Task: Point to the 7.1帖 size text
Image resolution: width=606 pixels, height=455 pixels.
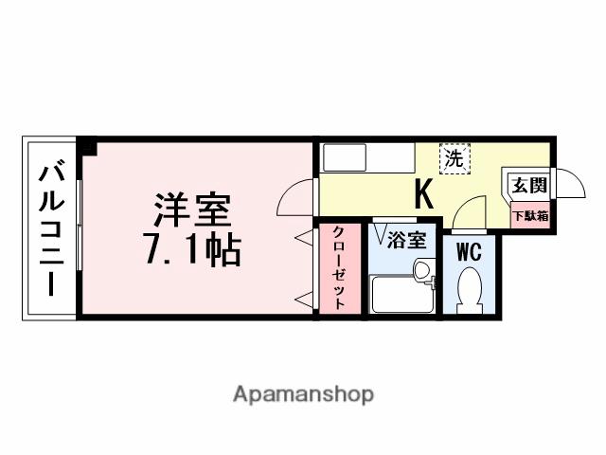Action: click(193, 249)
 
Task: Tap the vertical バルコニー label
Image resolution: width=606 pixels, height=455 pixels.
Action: click(51, 229)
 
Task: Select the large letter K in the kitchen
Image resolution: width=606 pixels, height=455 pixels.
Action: click(422, 194)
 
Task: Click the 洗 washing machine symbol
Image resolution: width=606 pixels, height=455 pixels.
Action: click(454, 158)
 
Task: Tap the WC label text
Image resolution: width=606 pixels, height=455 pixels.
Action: click(470, 252)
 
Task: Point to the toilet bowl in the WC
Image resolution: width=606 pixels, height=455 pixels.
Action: click(470, 289)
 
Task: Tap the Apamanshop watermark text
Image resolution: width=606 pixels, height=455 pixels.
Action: click(303, 392)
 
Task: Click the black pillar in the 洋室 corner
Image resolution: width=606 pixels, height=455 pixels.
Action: click(87, 146)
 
